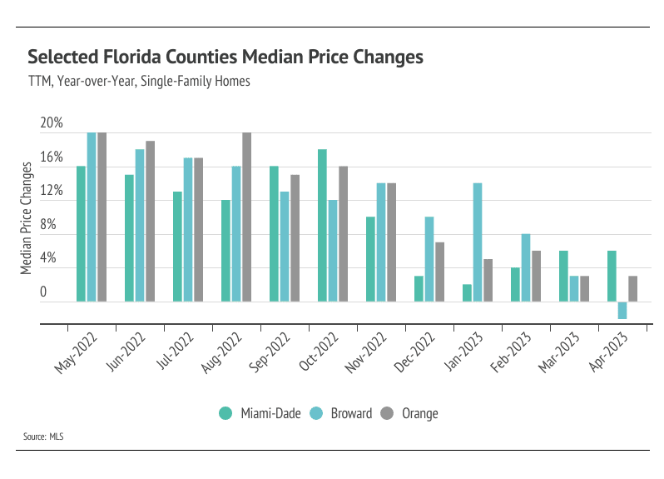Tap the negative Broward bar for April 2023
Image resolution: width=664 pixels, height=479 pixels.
[622, 310]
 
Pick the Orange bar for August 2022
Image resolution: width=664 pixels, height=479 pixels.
[246, 217]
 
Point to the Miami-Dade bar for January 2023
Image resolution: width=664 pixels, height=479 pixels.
[467, 292]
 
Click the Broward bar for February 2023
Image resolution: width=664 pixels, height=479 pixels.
[526, 267]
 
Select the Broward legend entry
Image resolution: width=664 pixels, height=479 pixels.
[341, 413]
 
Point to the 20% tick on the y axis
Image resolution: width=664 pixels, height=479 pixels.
[52, 123]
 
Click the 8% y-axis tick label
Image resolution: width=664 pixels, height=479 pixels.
[48, 225]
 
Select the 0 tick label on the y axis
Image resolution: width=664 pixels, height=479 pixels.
[44, 292]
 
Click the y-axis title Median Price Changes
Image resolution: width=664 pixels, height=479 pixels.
[27, 218]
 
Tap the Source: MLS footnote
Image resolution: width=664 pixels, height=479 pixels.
[45, 437]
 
